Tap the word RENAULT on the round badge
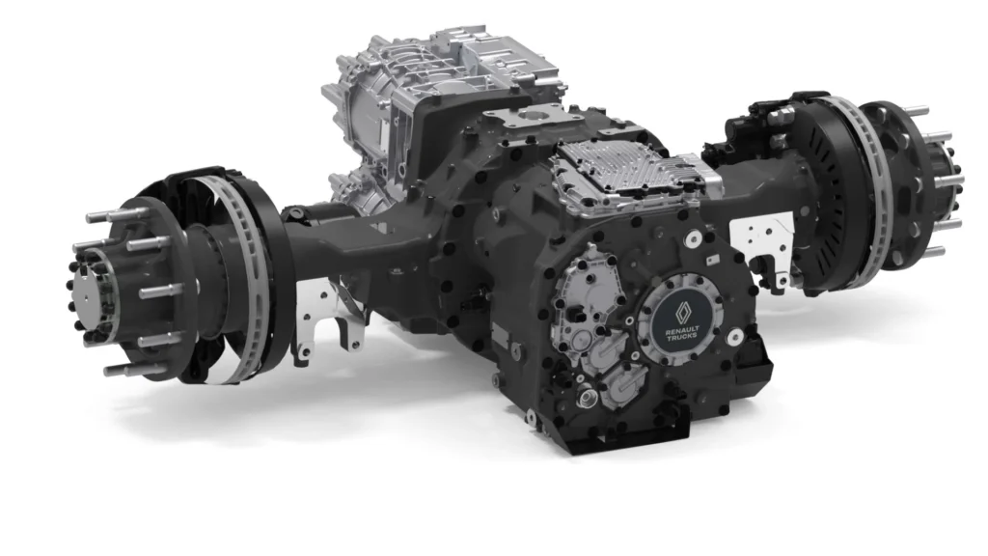(x=682, y=329)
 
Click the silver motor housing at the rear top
(x=428, y=95)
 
